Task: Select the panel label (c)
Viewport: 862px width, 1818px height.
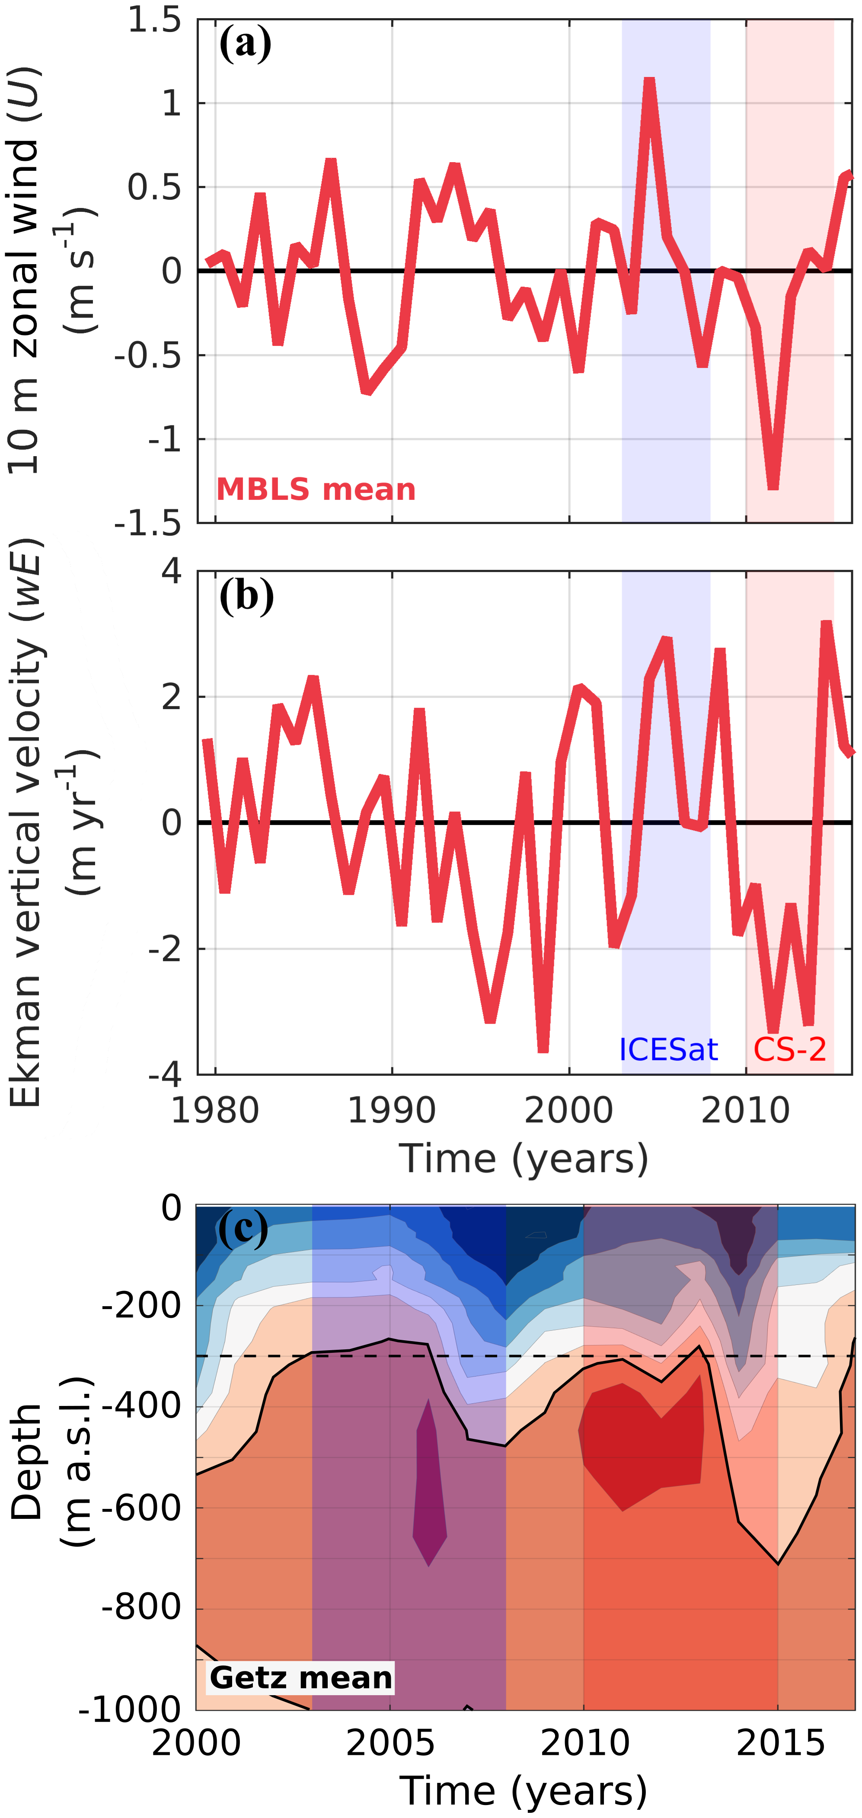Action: tap(243, 1229)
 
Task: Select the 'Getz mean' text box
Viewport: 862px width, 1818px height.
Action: tap(300, 1677)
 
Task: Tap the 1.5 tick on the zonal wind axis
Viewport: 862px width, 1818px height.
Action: tap(154, 20)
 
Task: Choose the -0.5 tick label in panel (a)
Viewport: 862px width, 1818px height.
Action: tap(148, 355)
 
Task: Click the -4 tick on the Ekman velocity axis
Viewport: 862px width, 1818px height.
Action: tap(164, 1074)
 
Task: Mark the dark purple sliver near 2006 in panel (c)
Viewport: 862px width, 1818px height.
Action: tap(429, 1482)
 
